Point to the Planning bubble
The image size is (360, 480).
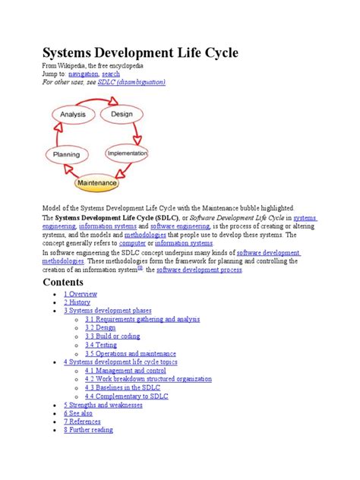[67, 155]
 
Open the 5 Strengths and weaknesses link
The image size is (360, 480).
[103, 405]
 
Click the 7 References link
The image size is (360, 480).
[84, 421]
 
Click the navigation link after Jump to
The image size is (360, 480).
[84, 74]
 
